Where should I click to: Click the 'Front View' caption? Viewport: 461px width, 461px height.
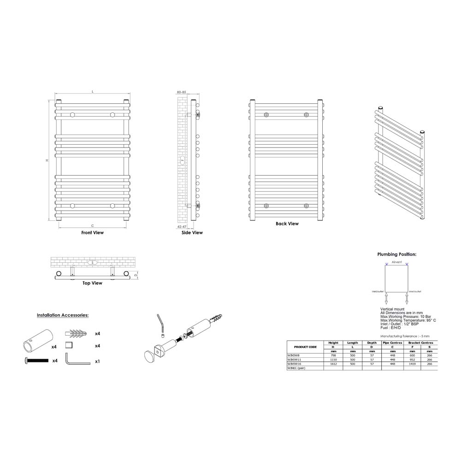click(93, 233)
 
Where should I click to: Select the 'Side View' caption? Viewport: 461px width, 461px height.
click(192, 233)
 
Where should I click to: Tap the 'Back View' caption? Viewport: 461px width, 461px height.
click(287, 224)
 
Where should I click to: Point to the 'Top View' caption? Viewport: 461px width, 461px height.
click(92, 283)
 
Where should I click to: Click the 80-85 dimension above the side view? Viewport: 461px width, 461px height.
click(181, 93)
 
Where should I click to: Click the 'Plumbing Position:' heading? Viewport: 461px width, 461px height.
click(397, 254)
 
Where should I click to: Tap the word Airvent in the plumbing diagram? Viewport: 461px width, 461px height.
click(396, 262)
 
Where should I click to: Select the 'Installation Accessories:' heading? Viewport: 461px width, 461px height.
click(63, 315)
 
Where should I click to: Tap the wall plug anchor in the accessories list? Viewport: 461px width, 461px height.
click(75, 333)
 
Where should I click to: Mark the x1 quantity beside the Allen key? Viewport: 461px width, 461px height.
click(98, 361)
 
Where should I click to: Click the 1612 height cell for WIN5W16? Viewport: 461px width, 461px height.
click(333, 364)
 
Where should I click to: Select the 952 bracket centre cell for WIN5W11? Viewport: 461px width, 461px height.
click(412, 360)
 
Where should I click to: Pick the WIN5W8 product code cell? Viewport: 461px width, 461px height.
click(294, 355)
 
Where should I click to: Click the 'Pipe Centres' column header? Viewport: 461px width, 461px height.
click(392, 343)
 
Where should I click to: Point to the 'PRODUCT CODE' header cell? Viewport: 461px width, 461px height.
click(305, 347)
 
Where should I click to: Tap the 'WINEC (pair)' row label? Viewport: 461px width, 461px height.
click(296, 368)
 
